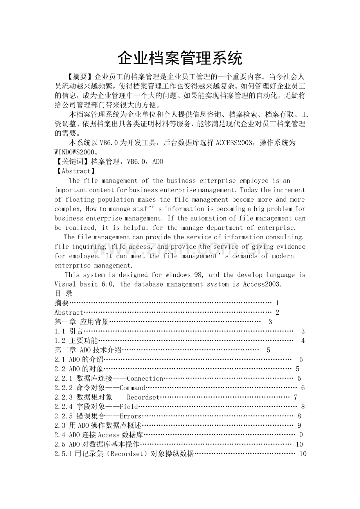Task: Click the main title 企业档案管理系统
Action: coord(180,58)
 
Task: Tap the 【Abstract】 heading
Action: coord(75,171)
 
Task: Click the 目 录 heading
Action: coord(63,294)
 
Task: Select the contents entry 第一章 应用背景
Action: coord(82,322)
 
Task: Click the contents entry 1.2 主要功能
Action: coord(76,341)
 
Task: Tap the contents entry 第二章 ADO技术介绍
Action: coord(88,350)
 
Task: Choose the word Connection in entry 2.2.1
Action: coord(145,378)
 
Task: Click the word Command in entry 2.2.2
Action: coord(132,387)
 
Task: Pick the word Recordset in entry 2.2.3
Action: coord(143,397)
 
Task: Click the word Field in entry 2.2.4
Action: coord(129,406)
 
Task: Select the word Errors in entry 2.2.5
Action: coord(131,416)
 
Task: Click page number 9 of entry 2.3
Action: coord(299,425)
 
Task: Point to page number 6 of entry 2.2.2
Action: coord(303,388)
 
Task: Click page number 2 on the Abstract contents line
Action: coord(277,312)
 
